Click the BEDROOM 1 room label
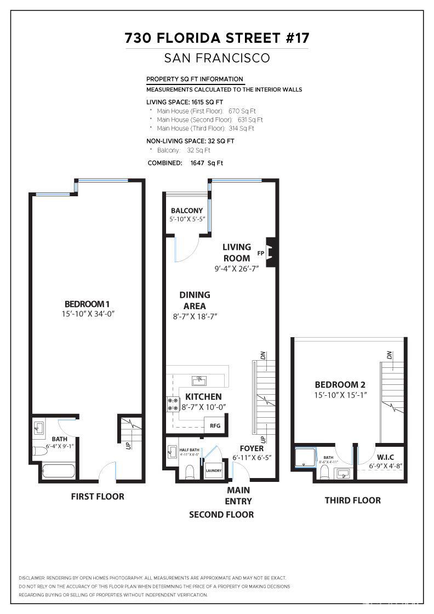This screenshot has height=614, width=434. (88, 304)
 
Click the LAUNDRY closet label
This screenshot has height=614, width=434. (213, 470)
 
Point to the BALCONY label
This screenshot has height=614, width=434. (186, 211)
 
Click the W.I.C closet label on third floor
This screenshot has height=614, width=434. (386, 457)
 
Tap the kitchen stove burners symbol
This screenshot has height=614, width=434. (173, 404)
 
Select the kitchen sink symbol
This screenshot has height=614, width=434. (198, 380)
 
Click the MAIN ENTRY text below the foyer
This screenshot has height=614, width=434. (238, 496)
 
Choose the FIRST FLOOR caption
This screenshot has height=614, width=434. (98, 497)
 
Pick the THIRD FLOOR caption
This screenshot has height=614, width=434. (352, 500)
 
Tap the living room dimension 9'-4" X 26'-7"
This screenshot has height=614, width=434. (236, 269)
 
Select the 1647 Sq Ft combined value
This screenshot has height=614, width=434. (206, 163)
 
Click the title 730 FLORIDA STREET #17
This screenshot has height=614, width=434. (217, 38)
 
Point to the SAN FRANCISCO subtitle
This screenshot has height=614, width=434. (217, 58)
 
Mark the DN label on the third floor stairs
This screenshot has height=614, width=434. (389, 355)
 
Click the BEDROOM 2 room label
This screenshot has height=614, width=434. (340, 385)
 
